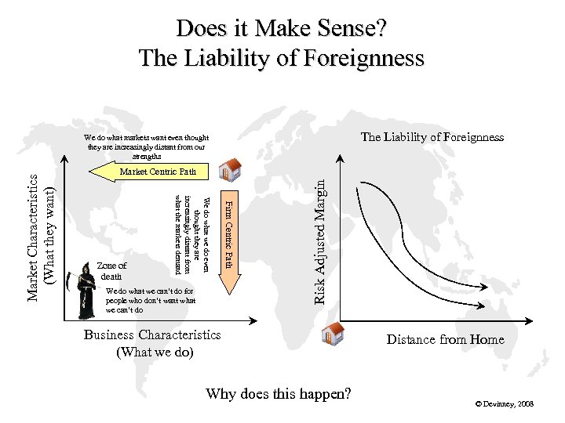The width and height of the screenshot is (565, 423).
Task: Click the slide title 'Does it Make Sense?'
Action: (x=281, y=29)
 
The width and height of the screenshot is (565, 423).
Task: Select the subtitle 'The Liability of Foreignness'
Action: (x=281, y=58)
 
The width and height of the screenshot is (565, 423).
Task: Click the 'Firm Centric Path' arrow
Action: (x=228, y=235)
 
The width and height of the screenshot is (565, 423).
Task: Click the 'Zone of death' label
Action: (x=112, y=271)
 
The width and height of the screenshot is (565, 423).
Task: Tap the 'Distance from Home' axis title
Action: (x=445, y=339)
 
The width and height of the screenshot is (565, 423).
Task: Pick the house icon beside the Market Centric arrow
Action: (x=230, y=170)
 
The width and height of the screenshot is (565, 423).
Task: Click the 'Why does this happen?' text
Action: (x=278, y=393)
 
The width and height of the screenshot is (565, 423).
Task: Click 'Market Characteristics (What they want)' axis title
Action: (x=41, y=235)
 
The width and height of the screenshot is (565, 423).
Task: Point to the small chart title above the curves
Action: (x=432, y=137)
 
